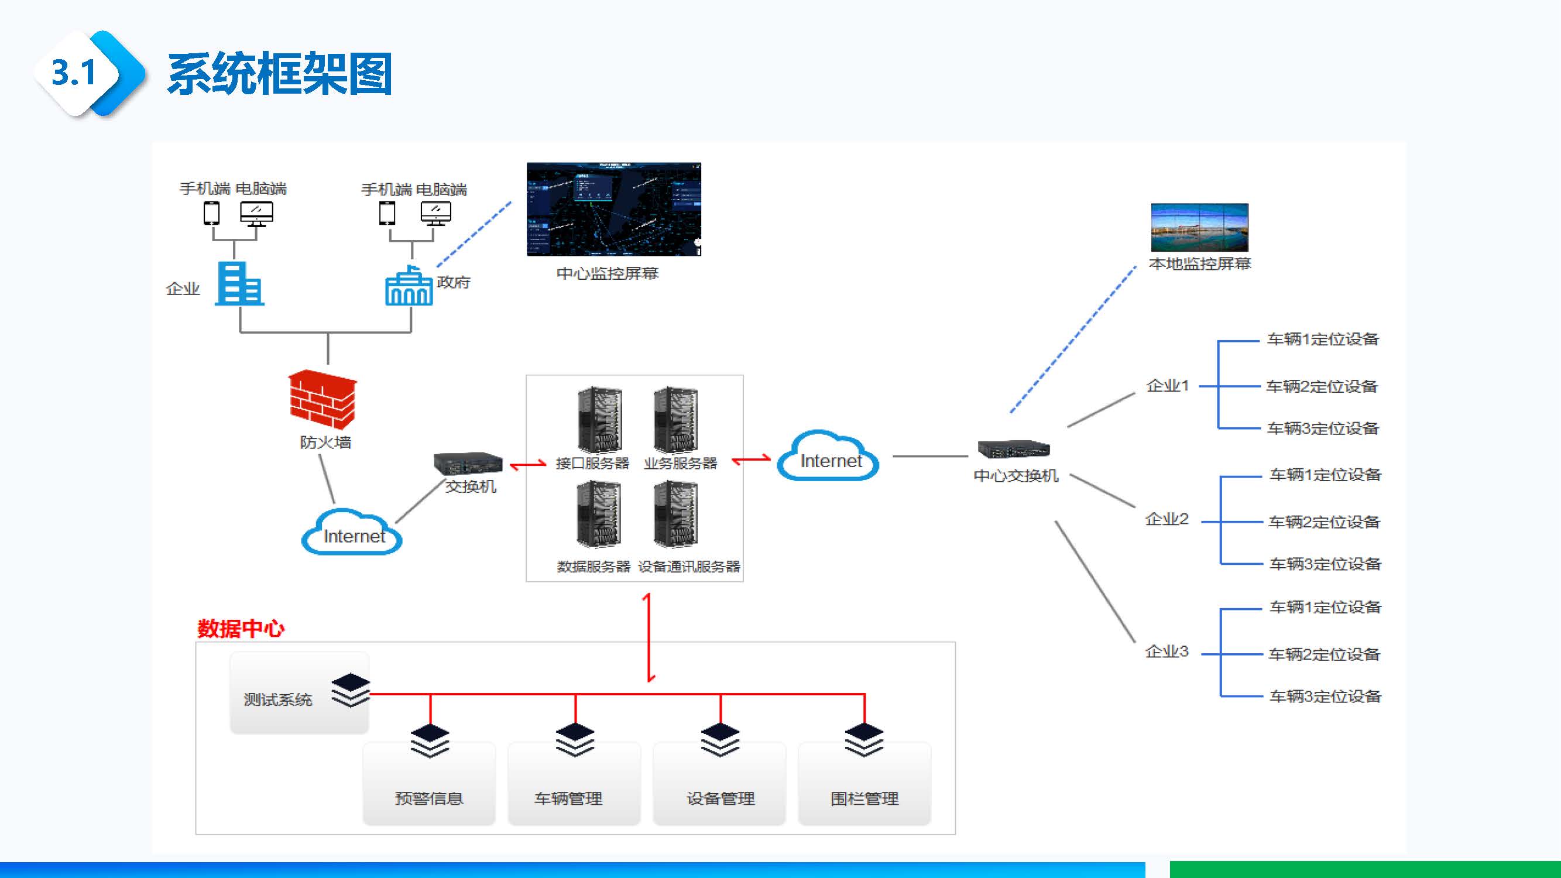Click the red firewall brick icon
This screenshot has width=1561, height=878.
(323, 400)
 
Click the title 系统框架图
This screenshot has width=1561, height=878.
(279, 74)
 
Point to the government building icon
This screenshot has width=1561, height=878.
(409, 286)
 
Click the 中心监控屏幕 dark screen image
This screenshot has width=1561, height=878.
(613, 209)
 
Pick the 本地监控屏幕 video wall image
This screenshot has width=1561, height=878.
(1199, 227)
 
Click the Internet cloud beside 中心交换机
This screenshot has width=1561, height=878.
(828, 458)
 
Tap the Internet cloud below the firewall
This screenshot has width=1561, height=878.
(352, 533)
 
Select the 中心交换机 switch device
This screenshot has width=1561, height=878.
(1013, 449)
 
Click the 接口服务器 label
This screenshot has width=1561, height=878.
(592, 464)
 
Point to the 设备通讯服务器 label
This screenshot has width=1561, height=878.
(689, 567)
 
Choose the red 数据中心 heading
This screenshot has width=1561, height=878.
(241, 629)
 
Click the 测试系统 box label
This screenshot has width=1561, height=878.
(277, 700)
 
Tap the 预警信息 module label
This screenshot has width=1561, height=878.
(428, 798)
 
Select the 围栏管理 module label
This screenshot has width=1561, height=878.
(864, 798)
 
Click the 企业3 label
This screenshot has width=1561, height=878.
(1167, 652)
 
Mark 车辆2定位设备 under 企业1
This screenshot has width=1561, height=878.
(1322, 386)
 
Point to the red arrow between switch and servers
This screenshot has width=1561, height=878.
(528, 465)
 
